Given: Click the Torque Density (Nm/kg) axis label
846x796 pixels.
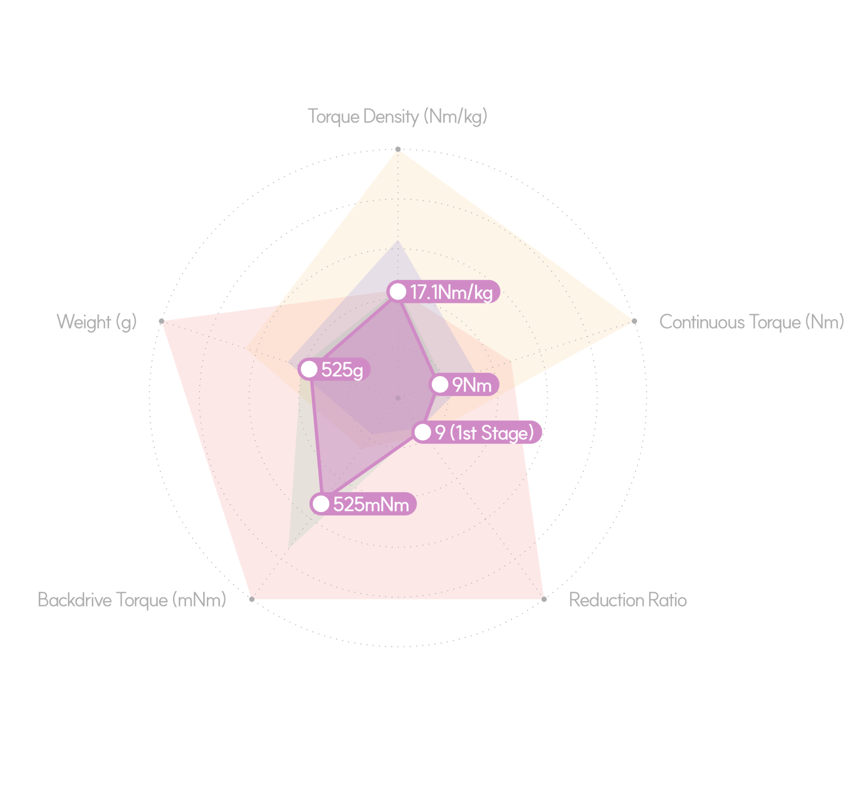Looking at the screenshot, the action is tap(397, 117).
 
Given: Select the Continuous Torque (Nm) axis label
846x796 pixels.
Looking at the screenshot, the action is tap(751, 322).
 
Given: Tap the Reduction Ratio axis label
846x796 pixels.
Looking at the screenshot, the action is tap(628, 600).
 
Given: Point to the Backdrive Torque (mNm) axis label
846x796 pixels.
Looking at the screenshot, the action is tap(132, 600).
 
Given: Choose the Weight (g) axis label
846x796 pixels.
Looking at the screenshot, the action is tap(97, 322).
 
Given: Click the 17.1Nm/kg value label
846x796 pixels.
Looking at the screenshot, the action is tap(452, 292).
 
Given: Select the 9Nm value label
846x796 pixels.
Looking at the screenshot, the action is tap(472, 385).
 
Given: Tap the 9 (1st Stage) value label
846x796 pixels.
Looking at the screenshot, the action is tap(484, 433).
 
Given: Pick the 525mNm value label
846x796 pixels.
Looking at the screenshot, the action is tap(371, 504).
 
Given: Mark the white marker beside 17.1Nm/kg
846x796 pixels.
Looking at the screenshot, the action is tap(398, 292).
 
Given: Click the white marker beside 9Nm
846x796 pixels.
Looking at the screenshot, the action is tap(440, 385).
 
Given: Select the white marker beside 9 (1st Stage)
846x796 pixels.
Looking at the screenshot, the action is tap(423, 432).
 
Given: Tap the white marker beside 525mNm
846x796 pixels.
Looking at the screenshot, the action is tap(321, 504).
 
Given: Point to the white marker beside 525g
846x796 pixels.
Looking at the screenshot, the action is tap(309, 369).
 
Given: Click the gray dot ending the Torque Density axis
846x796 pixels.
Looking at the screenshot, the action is tap(398, 150).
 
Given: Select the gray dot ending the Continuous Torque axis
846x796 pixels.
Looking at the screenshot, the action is tap(634, 322).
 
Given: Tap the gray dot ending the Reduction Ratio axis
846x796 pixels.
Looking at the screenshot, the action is tap(544, 599).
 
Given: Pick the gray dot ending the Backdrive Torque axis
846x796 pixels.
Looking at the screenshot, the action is tap(252, 599).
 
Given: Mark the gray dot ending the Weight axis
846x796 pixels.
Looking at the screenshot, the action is tap(162, 322).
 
